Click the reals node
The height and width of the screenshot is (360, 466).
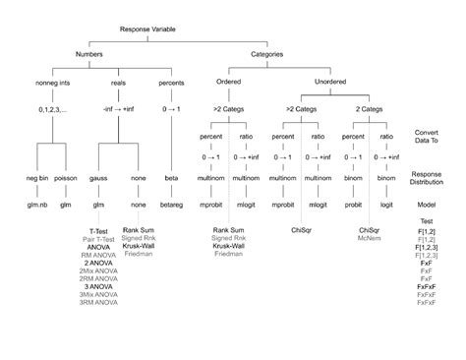123,84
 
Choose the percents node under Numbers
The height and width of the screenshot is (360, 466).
172,84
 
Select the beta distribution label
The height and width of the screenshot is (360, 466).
172,178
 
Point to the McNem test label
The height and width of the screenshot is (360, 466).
369,238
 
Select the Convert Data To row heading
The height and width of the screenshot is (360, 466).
427,136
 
